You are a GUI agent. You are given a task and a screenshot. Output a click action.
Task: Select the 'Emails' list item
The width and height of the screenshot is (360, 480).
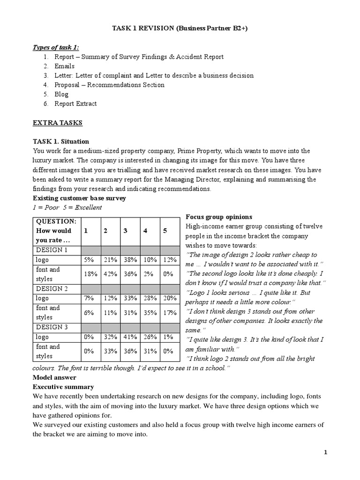64,66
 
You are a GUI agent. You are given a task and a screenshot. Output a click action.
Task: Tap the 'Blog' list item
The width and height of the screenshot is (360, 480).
61,94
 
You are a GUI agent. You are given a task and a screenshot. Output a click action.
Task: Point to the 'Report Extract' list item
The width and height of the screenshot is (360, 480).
75,104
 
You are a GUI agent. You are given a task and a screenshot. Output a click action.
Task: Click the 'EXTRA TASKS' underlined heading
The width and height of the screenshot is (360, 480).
57,123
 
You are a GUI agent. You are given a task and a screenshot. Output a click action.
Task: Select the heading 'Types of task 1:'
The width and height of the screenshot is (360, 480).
56,47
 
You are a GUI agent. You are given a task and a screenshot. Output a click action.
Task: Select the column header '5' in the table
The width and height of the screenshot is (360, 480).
165,231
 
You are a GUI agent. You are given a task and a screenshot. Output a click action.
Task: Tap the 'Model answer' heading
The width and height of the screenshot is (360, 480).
54,377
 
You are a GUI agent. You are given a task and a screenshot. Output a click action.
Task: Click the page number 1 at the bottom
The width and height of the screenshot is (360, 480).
325,452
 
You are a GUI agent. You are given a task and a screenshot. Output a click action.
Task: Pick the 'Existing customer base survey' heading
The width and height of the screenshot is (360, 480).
79,198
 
